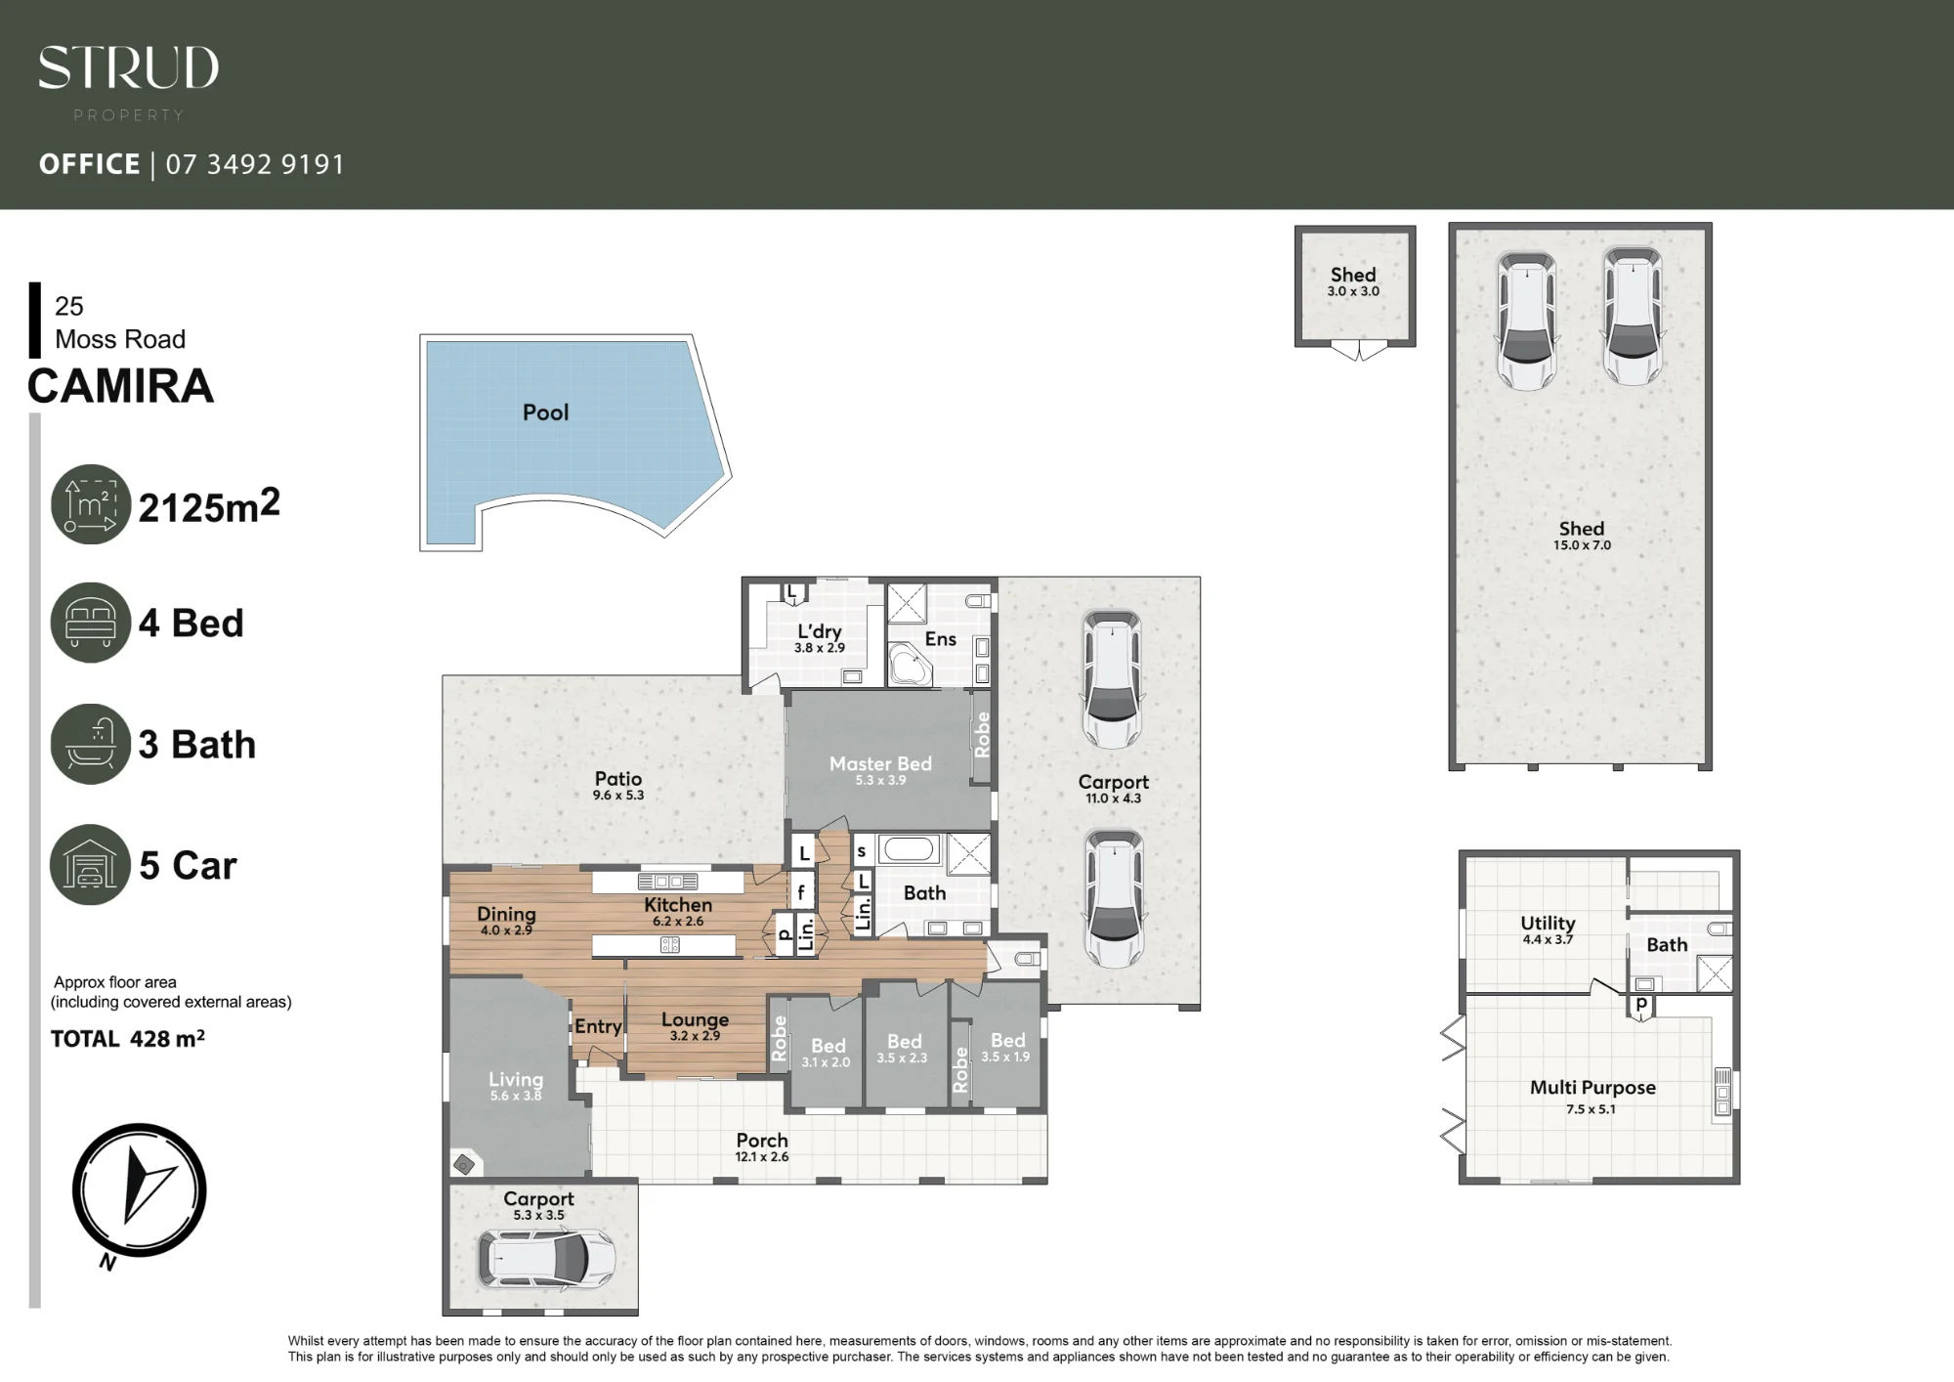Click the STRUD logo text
(128, 68)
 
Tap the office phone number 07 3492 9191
(255, 164)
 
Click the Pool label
(545, 412)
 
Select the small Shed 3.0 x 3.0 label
(1353, 281)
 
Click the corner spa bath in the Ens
(910, 665)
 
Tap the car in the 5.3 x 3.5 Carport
(547, 1258)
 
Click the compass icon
(139, 1190)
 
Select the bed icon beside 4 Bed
(90, 623)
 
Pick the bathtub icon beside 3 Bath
(90, 744)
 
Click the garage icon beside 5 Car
(90, 865)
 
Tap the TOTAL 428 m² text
(128, 1039)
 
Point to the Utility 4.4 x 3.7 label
(1548, 929)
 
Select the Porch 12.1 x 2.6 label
(762, 1146)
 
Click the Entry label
(598, 1026)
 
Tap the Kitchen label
(678, 905)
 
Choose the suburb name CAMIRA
(120, 386)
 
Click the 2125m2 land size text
(209, 505)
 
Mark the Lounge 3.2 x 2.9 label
(695, 1026)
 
